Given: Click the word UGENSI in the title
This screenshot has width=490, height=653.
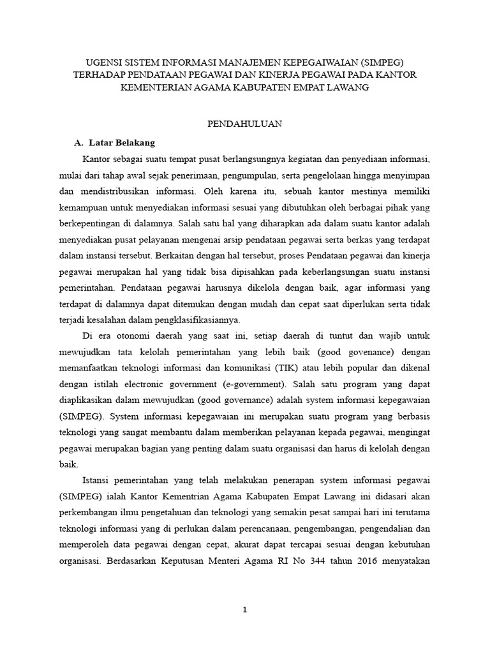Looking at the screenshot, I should pos(104,62).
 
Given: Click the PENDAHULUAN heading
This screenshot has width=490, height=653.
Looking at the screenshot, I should pos(245,124).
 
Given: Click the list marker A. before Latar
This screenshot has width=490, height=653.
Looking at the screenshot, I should pos(80,142).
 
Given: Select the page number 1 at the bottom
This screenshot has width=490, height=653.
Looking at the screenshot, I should pos(245,610).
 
